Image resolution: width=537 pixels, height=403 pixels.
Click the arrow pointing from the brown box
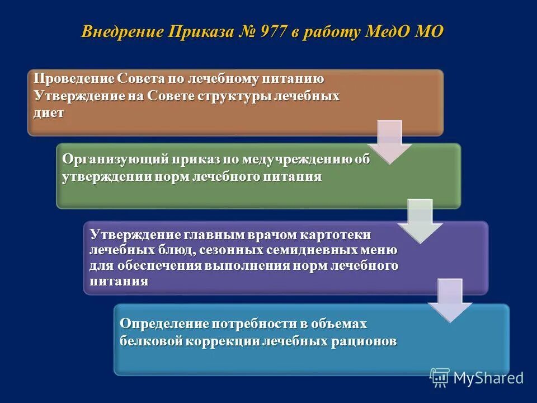click(x=389, y=140)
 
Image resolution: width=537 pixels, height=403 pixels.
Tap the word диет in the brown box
click(x=49, y=112)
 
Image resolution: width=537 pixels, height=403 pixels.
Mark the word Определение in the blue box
click(x=163, y=324)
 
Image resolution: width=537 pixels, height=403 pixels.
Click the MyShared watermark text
click(x=488, y=378)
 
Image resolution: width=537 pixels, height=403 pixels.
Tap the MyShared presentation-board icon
click(x=440, y=378)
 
